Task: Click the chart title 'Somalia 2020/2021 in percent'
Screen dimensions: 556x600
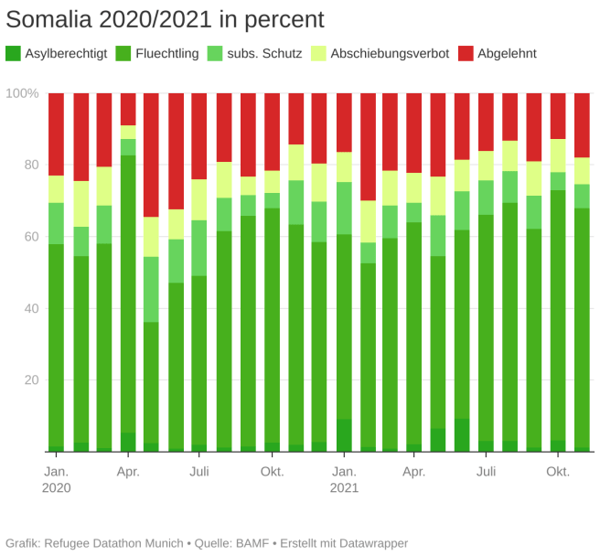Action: [x=165, y=19]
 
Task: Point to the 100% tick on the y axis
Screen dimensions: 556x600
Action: [x=22, y=93]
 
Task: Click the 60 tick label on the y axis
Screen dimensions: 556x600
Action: [x=31, y=237]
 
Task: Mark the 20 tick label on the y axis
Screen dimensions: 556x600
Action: [x=31, y=380]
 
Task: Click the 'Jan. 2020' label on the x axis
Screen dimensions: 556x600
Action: [x=56, y=479]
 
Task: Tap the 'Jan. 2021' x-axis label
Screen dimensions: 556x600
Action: [x=344, y=479]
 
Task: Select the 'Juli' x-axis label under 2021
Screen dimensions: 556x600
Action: [x=487, y=472]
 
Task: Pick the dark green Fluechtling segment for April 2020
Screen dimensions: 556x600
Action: [x=128, y=293]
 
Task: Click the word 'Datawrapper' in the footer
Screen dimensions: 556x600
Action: [x=366, y=543]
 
